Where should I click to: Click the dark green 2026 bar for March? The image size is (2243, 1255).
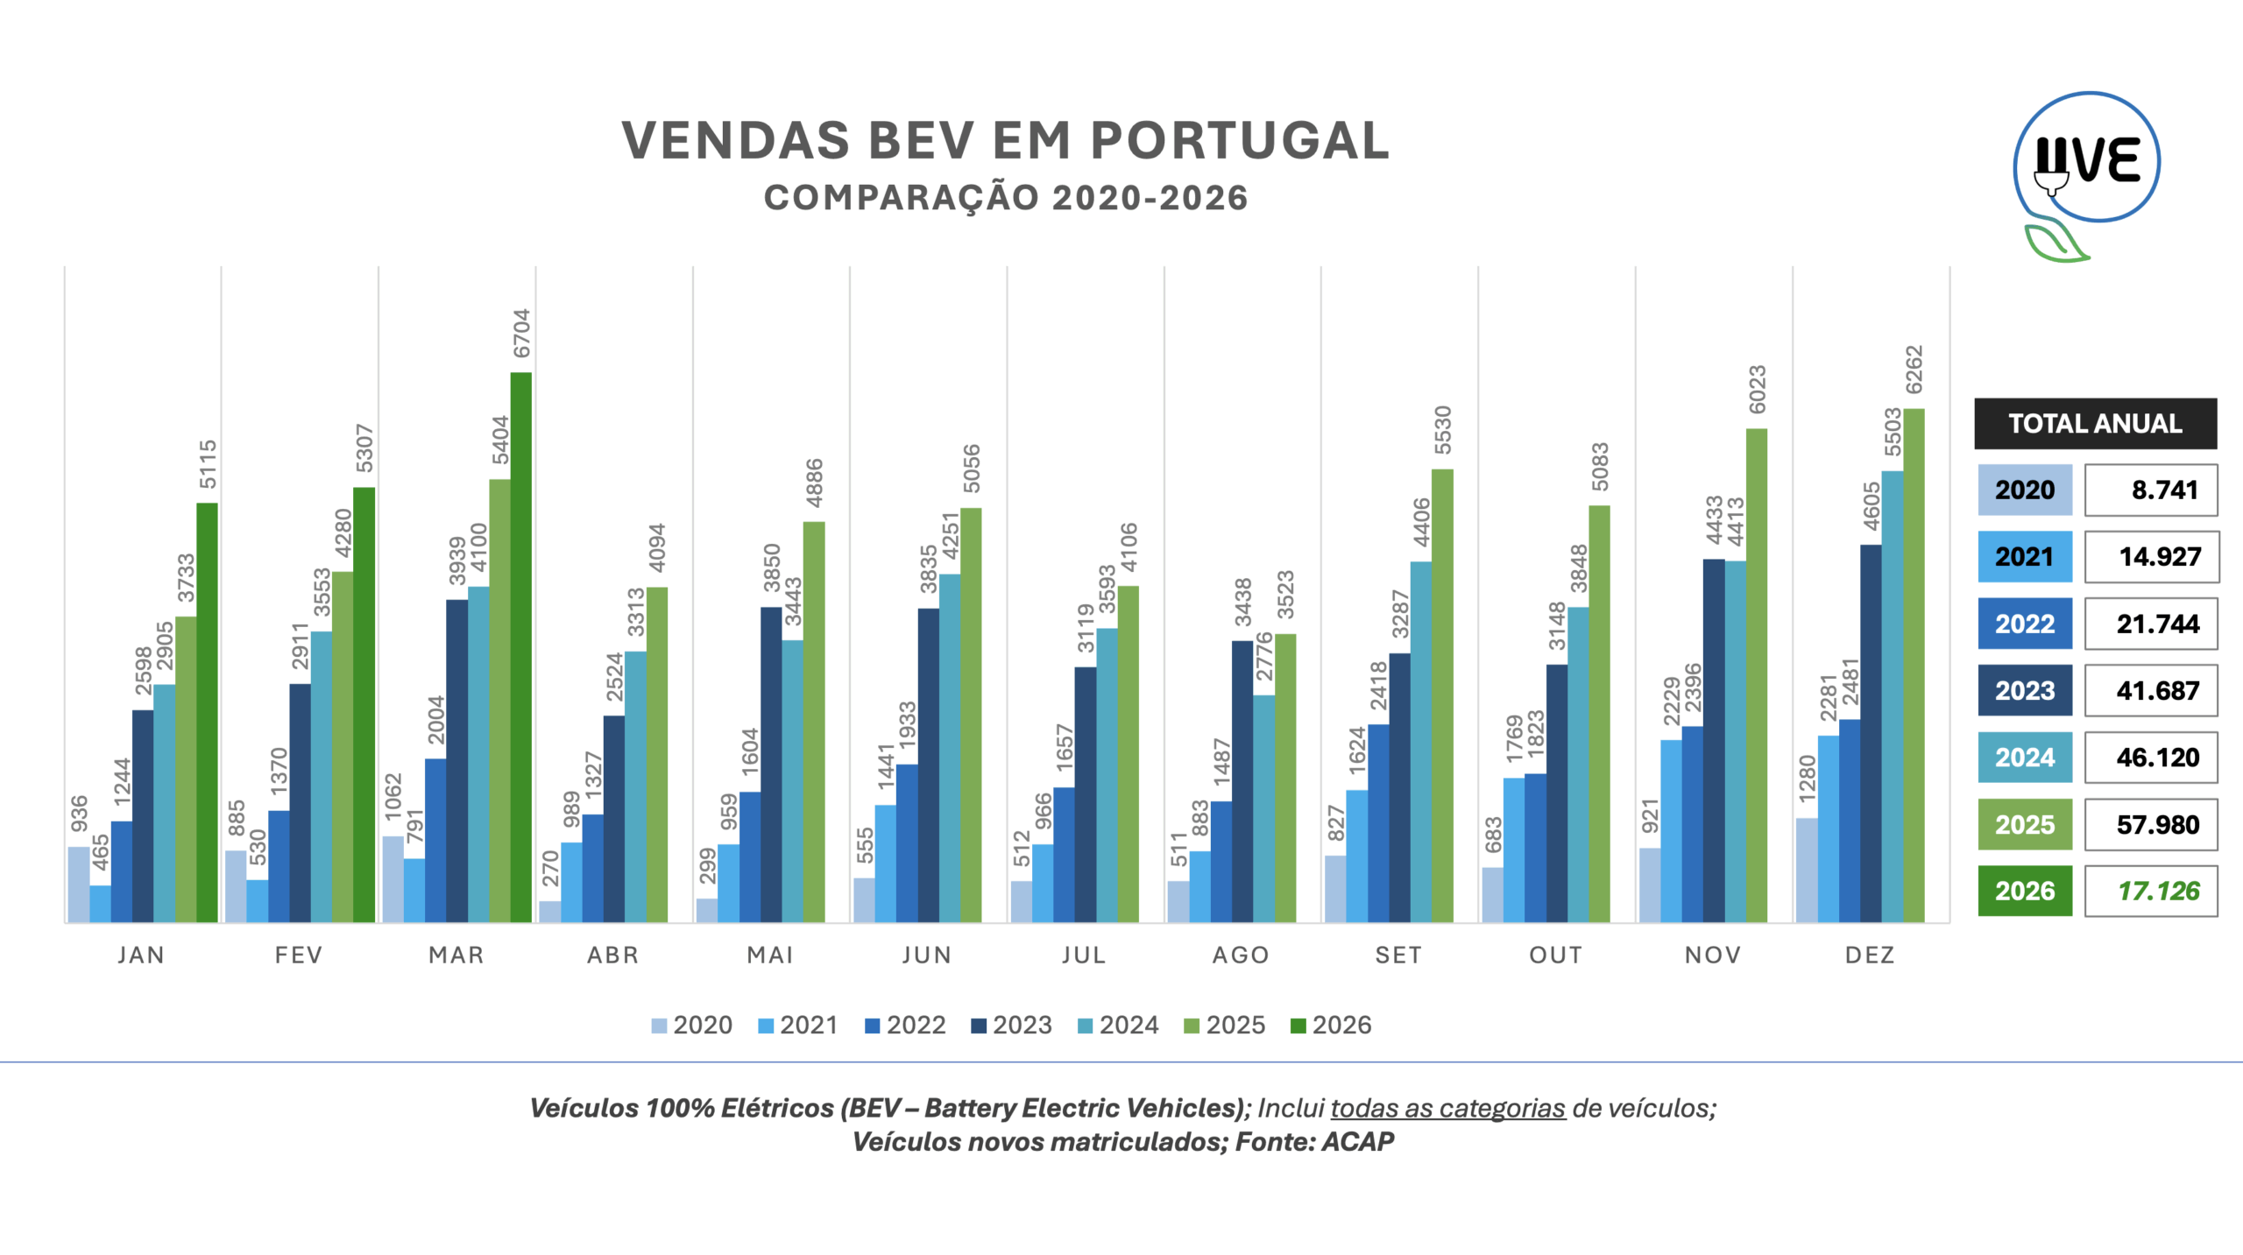tap(520, 648)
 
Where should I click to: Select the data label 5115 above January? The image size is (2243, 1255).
tap(208, 464)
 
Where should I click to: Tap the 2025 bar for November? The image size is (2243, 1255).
tap(1756, 674)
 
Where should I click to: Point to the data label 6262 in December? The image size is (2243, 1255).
tap(1914, 370)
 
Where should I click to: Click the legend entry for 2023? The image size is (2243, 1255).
tap(1011, 1025)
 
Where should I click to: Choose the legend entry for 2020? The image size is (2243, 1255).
tap(691, 1025)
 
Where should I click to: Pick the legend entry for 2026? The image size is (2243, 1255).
tap(1331, 1025)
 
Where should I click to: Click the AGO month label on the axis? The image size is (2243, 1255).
tap(1241, 955)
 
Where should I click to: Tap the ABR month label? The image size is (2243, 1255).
tap(612, 955)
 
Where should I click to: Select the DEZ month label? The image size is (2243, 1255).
tap(1870, 955)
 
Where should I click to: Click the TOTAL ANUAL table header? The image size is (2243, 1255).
tap(2095, 424)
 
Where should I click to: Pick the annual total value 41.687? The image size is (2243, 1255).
tap(2157, 691)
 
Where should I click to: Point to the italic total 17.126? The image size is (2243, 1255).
tap(2158, 891)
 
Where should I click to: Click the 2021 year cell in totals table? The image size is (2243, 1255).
tap(2024, 557)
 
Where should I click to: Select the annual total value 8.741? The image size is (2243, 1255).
tap(2164, 490)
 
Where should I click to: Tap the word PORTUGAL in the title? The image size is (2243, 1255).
tap(1239, 140)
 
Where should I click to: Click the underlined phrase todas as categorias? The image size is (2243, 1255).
tap(1447, 1108)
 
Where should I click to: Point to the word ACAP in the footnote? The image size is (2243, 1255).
tap(1357, 1142)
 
